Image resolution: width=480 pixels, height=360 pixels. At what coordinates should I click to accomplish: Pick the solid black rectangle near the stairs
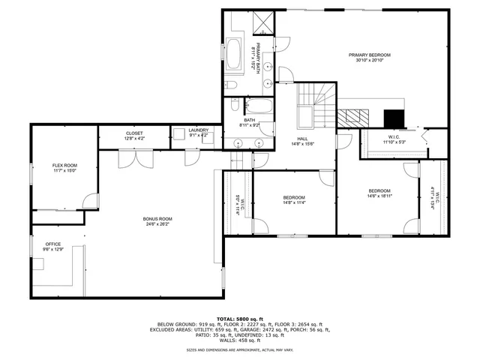point(393,118)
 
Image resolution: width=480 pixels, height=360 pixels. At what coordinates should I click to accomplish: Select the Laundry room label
point(198,130)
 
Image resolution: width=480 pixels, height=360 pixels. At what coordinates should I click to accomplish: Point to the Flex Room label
point(64,165)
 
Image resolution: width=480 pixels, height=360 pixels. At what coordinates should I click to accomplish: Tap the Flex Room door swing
point(91,201)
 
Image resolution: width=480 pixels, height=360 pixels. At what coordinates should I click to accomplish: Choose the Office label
point(52,244)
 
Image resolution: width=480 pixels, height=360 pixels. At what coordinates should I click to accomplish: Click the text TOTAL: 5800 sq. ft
point(239,318)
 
